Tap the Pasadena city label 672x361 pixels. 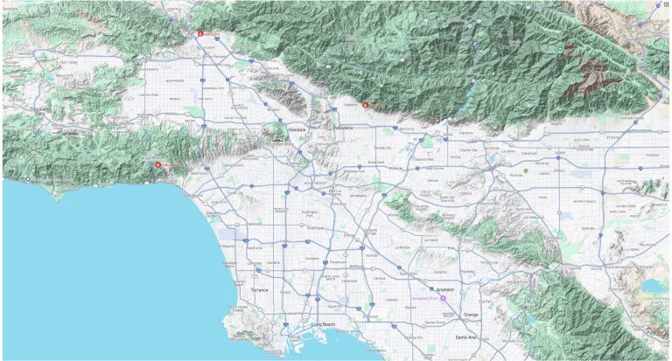point(343,128)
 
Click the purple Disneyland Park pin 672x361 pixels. point(443,299)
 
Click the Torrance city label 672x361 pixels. point(260,289)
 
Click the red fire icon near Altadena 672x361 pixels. point(365,106)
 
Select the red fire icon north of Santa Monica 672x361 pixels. point(158,165)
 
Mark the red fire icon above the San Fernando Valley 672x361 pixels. point(200,33)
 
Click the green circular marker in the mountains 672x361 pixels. point(559,47)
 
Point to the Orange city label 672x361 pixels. point(472,315)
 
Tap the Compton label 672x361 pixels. point(312,259)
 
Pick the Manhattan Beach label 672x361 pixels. point(229,262)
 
